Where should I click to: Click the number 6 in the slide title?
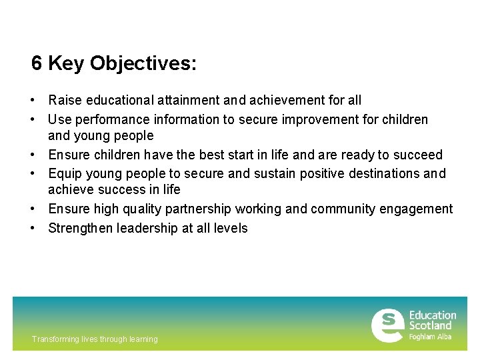coord(37,64)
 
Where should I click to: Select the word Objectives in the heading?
coord(143,64)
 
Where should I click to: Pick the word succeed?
coord(418,155)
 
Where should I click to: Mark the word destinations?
coord(376,174)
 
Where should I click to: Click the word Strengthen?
coord(81,229)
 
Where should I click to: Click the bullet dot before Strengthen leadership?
coord(32,229)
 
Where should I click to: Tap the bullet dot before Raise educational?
coord(32,101)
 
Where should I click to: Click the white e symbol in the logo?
coord(387,325)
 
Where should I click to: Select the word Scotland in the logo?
coord(430,326)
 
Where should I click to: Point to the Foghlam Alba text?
coord(430,337)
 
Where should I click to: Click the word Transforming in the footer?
coord(54,339)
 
